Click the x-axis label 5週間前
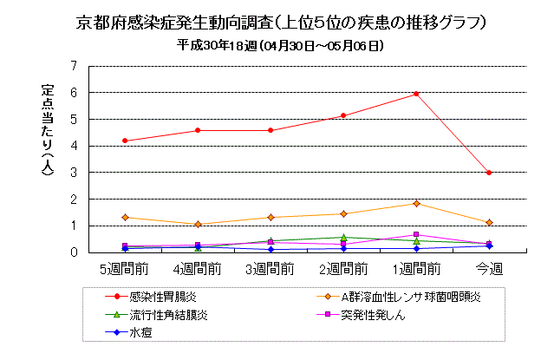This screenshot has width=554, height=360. [126, 269]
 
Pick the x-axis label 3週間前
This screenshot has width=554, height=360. [271, 269]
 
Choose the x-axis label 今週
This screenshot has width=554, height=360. [489, 269]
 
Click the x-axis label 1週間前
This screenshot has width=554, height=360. [416, 269]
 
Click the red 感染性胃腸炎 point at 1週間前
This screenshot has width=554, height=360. [416, 94]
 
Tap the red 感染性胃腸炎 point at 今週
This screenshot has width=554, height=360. [489, 173]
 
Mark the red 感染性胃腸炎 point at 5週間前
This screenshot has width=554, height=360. [126, 141]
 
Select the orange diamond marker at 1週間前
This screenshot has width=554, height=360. [416, 203]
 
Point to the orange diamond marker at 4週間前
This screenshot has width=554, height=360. [199, 224]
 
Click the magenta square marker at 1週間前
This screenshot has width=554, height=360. [416, 234]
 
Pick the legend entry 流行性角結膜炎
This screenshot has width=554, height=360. [168, 315]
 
